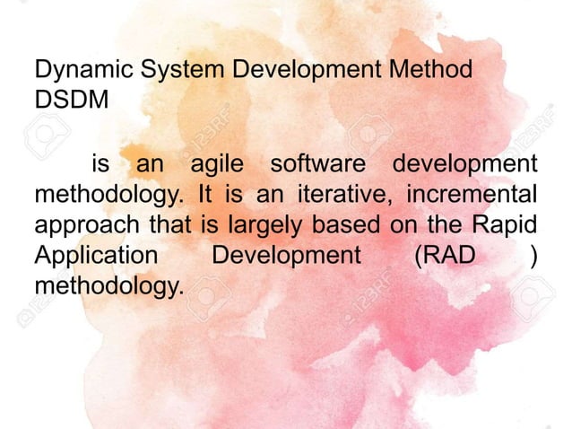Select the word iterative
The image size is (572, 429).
coord(351,195)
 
